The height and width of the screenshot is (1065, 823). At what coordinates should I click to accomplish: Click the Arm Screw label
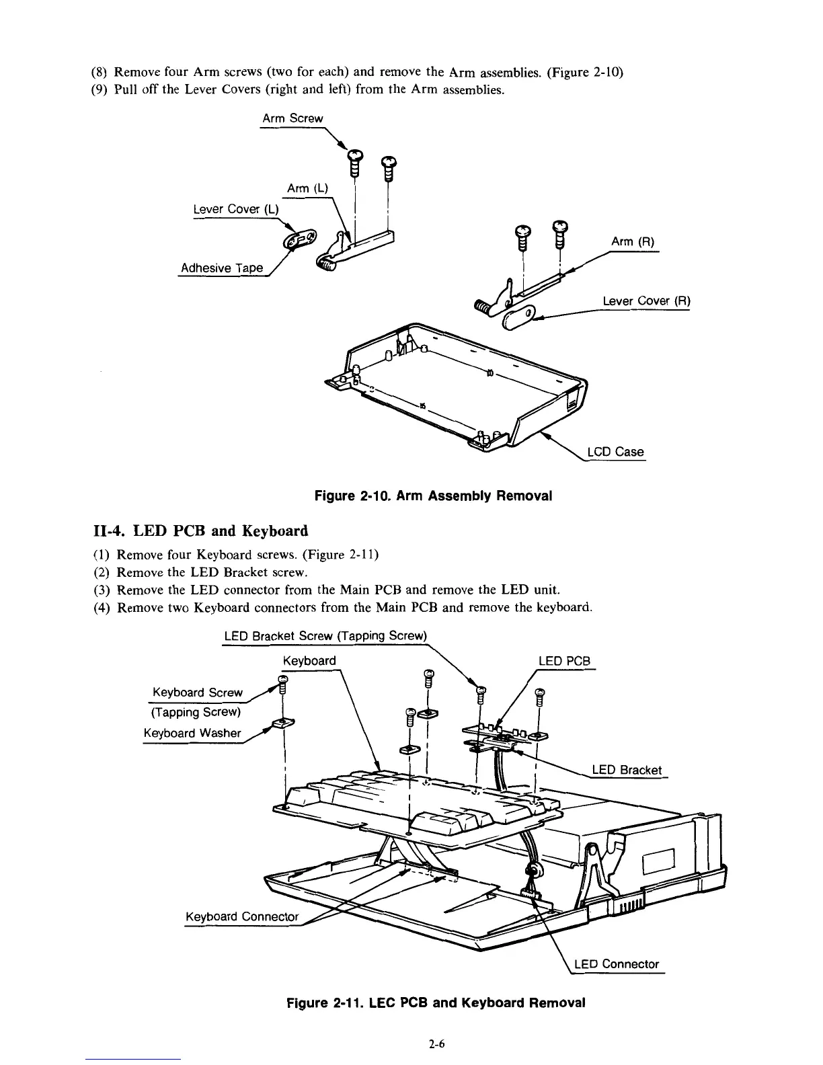[292, 118]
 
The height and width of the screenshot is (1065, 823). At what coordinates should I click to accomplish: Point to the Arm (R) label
[632, 242]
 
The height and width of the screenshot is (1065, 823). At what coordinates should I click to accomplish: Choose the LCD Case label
[615, 452]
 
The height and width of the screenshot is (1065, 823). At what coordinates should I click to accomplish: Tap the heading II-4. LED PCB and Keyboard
[200, 531]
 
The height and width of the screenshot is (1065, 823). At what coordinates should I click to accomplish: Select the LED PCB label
[564, 661]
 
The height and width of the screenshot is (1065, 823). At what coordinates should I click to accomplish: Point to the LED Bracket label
[626, 770]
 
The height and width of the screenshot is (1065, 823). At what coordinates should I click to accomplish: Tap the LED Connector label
[620, 964]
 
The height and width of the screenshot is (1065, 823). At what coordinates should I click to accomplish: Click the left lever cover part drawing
[301, 239]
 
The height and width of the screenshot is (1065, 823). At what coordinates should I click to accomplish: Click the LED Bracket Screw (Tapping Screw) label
[325, 636]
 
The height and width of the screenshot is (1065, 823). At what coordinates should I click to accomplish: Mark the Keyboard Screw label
[198, 693]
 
